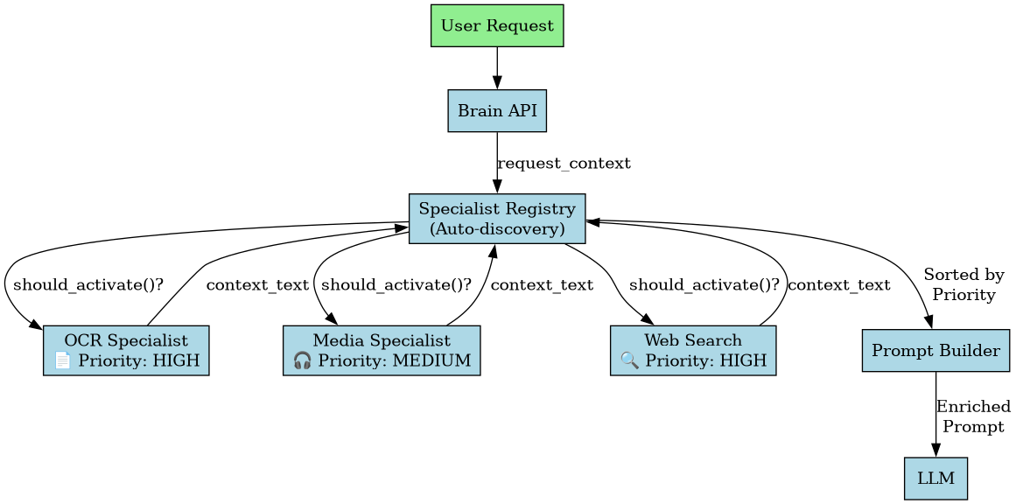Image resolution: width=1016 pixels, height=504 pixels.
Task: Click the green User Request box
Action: point(497,25)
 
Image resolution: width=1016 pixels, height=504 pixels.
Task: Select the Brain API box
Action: point(497,111)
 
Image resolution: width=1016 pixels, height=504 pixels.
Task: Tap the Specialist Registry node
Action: point(497,219)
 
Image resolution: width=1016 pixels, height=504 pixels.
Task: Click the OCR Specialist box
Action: point(126,350)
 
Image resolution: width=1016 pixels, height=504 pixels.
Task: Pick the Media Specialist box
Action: point(382,350)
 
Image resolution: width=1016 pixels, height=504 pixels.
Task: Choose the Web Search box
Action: point(693,350)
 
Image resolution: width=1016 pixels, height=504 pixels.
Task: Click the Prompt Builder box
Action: point(935,351)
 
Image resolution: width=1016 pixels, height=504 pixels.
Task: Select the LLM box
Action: point(935,479)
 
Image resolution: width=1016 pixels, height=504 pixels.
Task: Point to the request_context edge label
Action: point(564,164)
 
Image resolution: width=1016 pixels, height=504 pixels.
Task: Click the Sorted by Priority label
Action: point(963,285)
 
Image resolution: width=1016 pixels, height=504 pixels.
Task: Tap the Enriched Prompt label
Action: point(973,416)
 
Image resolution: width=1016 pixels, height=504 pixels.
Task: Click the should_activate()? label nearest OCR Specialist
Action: point(88,284)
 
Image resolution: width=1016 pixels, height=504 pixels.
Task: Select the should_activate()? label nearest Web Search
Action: point(704,284)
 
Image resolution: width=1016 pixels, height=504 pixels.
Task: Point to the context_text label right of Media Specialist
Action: point(542,284)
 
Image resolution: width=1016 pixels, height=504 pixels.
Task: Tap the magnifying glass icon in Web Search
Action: point(629,360)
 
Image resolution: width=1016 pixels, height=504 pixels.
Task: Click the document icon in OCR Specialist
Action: point(62,360)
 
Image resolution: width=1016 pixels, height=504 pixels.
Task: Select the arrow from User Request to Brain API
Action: point(497,67)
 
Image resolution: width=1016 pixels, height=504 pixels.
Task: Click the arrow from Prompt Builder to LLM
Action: point(935,415)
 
